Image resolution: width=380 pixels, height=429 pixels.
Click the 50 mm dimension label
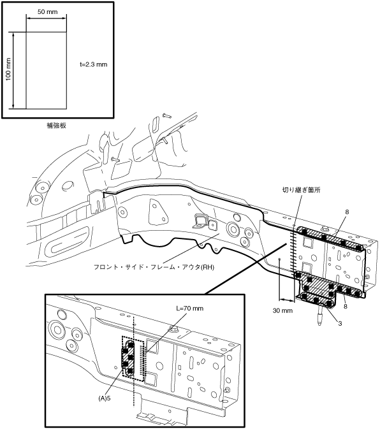48,11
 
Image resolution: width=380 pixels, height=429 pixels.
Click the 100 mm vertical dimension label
8,69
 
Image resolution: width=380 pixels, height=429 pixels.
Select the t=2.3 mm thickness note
94,64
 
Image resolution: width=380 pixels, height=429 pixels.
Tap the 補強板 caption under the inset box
56,126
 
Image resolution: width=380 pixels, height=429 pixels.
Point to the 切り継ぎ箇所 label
301,189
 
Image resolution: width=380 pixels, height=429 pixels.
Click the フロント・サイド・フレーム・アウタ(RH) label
154,267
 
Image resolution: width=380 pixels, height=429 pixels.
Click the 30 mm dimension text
282,310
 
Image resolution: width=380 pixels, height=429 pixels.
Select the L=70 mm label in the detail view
189,309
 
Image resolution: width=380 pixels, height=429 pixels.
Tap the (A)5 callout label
105,398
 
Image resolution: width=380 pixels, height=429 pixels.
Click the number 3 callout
340,323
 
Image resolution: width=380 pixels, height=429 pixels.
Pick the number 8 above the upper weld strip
347,212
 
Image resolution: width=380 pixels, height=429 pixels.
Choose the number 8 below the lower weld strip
346,306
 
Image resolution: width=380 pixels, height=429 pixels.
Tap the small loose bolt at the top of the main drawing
167,115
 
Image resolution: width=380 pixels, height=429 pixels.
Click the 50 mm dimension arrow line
47,18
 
